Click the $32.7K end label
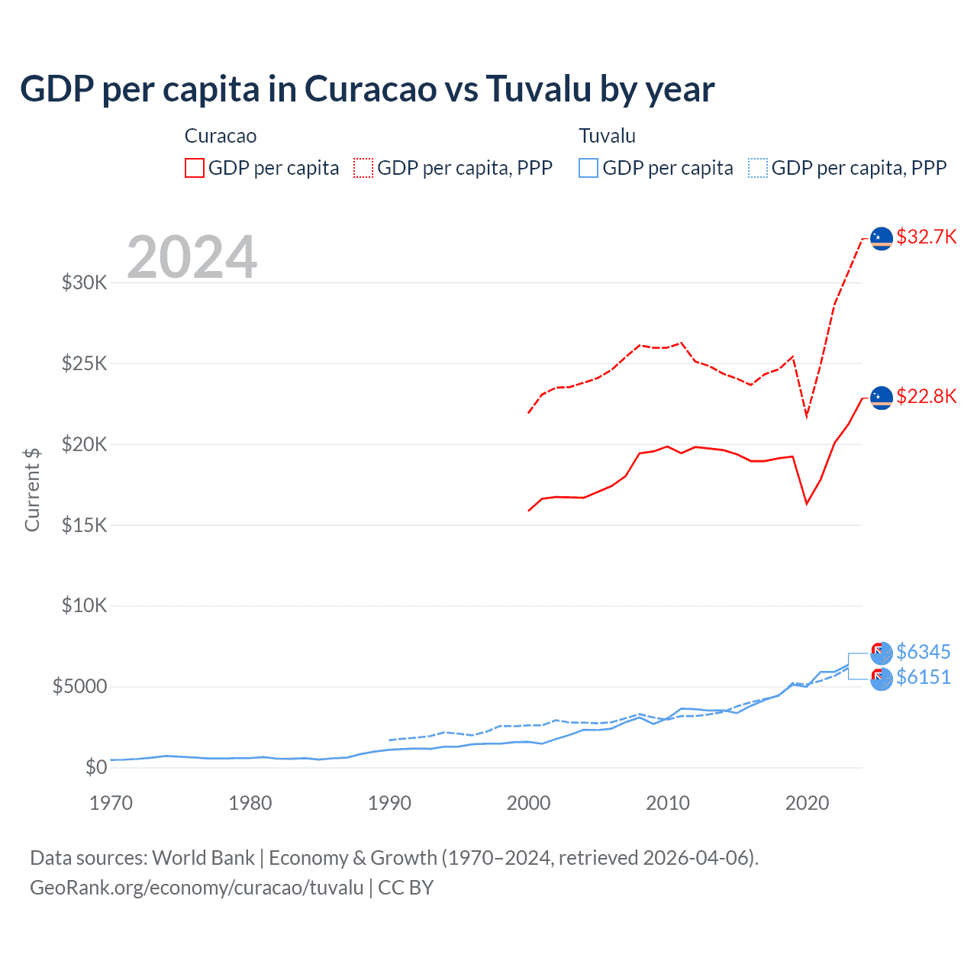pos(926,237)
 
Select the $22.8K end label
pos(926,396)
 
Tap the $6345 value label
pos(923,652)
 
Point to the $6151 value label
pos(923,677)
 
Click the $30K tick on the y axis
pos(84,282)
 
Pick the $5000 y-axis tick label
pos(79,686)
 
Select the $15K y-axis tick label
pos(84,525)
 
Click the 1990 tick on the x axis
pos(389,803)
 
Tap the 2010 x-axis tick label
pos(668,803)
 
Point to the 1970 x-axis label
pos(111,803)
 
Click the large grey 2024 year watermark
pos(192,257)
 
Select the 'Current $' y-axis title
pos(32,489)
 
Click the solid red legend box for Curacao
pos(195,168)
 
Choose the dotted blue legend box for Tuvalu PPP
pos(758,168)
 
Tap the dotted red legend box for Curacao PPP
pos(363,168)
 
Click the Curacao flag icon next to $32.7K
pos(882,238)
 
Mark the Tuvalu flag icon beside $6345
pos(882,653)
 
